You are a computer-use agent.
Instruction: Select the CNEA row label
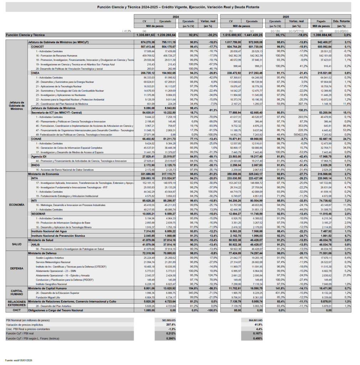[36, 72]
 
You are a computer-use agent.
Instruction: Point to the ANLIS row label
[36, 244]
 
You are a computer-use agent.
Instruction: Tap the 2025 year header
[286, 17]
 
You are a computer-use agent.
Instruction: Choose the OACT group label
[16, 310]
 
